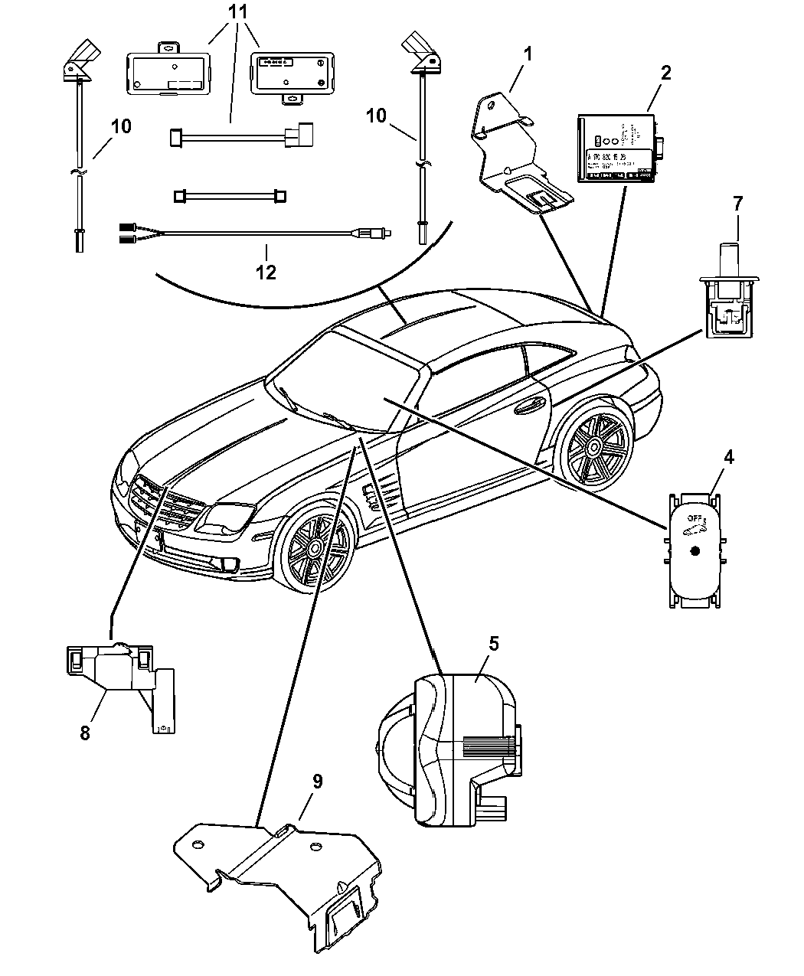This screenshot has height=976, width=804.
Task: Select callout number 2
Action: pyautogui.click(x=665, y=73)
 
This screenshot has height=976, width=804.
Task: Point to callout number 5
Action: pyautogui.click(x=494, y=643)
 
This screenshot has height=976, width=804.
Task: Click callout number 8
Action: pyautogui.click(x=85, y=733)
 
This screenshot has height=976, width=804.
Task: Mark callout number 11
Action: pyautogui.click(x=238, y=12)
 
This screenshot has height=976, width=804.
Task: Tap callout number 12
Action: pyautogui.click(x=266, y=272)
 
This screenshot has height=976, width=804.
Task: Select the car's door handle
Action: pyautogui.click(x=527, y=407)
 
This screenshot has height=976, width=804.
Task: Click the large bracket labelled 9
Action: pyautogui.click(x=283, y=880)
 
